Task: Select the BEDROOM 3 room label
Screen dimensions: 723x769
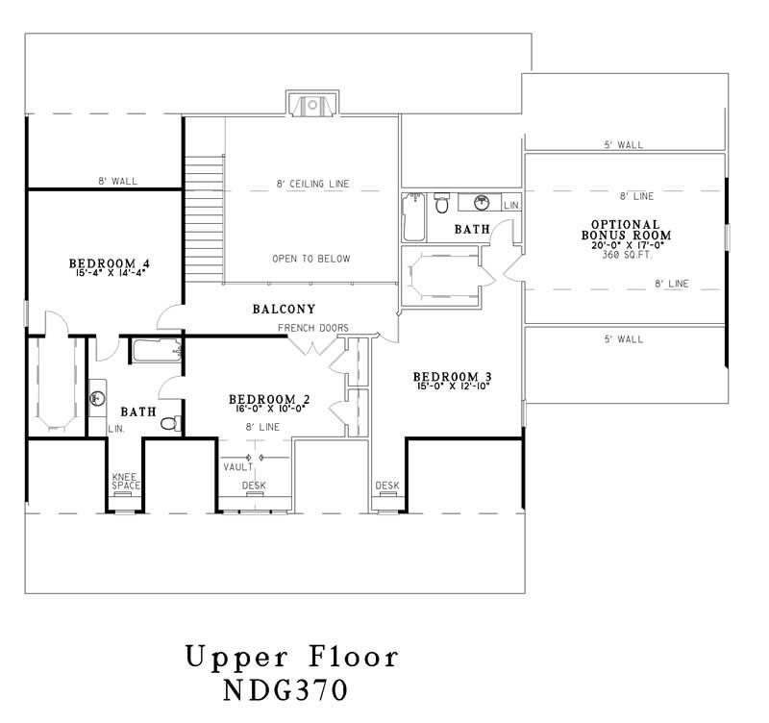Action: pyautogui.click(x=453, y=376)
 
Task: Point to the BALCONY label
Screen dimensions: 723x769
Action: pyautogui.click(x=285, y=310)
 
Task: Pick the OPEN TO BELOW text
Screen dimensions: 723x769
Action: pyautogui.click(x=311, y=260)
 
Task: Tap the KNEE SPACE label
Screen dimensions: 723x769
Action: pyautogui.click(x=126, y=481)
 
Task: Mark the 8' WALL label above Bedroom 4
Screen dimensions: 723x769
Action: pyautogui.click(x=114, y=181)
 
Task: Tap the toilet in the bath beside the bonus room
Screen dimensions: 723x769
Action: pyautogui.click(x=442, y=204)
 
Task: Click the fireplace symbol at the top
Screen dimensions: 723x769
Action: pyautogui.click(x=310, y=105)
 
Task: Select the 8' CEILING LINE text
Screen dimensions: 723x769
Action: pyautogui.click(x=311, y=183)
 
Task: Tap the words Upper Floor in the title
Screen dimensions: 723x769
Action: pyautogui.click(x=291, y=659)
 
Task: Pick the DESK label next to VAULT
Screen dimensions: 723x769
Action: pyautogui.click(x=254, y=486)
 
